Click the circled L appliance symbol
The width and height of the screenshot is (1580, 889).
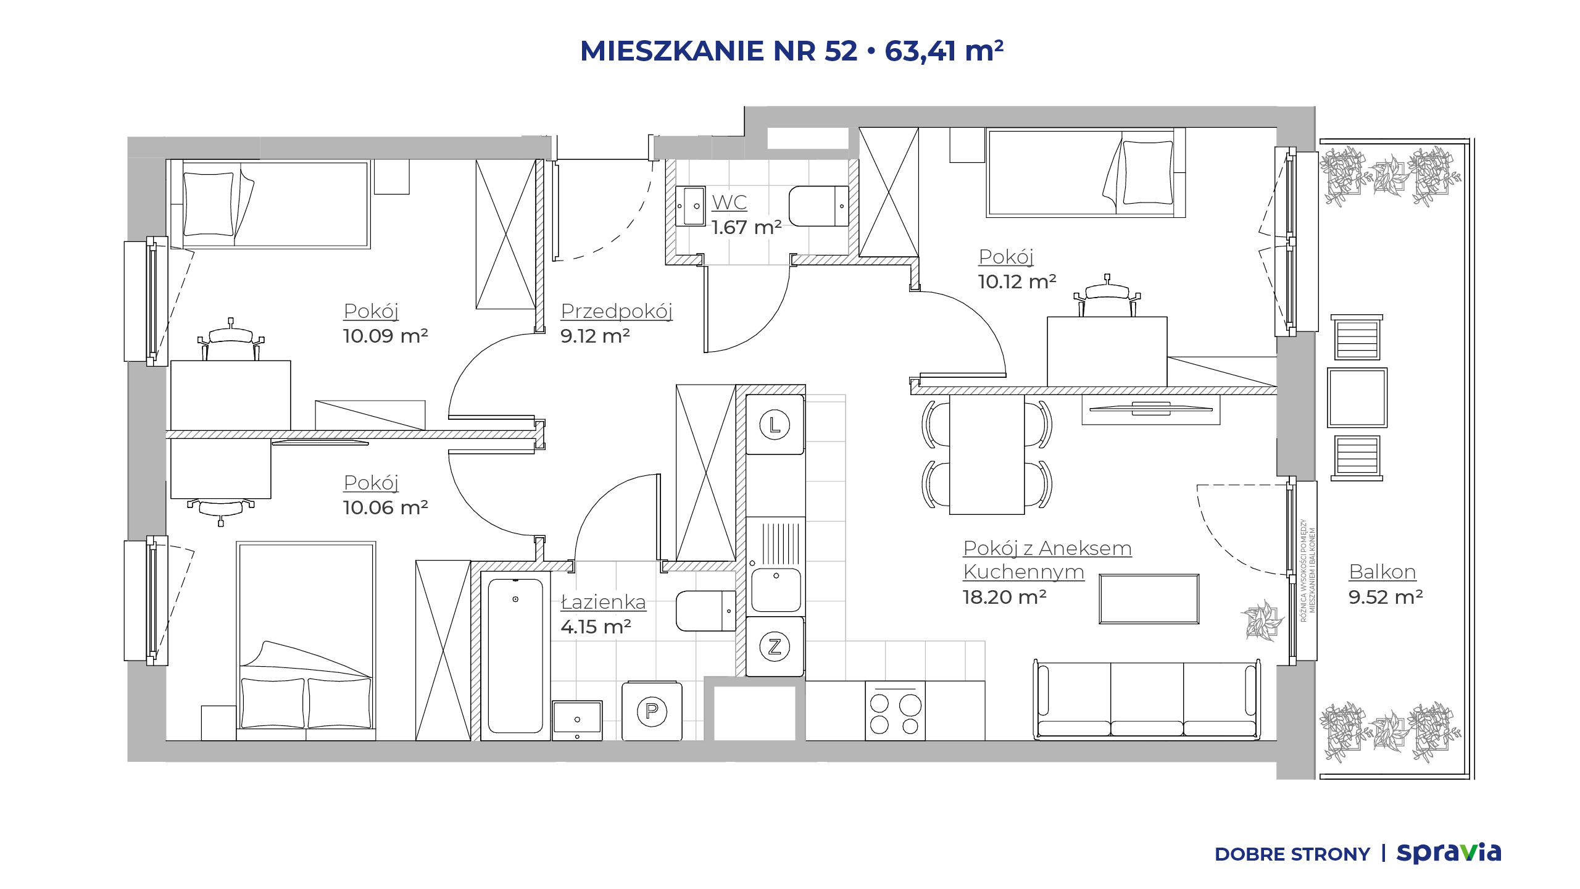[775, 425]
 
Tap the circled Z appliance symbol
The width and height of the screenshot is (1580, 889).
[775, 646]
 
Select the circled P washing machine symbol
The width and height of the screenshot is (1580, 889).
[652, 711]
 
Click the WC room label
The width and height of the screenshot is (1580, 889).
[730, 202]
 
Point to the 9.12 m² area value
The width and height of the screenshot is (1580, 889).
[595, 336]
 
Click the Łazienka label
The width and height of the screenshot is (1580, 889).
[603, 601]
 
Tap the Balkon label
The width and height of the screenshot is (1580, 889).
[1382, 572]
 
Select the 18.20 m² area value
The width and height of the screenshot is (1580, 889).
[1004, 597]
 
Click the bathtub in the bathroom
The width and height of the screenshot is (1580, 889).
[515, 656]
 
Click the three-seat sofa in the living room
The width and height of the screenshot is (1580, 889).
[1147, 699]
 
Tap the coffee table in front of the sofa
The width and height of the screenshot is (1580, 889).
[1149, 599]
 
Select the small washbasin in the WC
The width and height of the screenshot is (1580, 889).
[691, 206]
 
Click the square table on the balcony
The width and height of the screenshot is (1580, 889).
[1357, 398]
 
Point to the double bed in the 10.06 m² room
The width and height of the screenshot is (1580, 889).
[306, 641]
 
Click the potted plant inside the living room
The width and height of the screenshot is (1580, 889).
[1263, 620]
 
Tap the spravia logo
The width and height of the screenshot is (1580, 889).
[1449, 853]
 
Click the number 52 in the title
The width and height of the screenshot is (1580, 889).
[841, 51]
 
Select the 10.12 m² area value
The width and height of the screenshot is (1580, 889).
[1017, 282]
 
